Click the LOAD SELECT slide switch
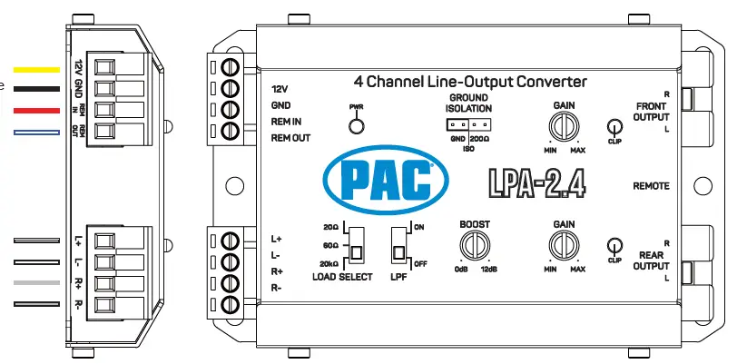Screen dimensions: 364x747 (357, 243)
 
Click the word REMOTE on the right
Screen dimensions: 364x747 (651, 186)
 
